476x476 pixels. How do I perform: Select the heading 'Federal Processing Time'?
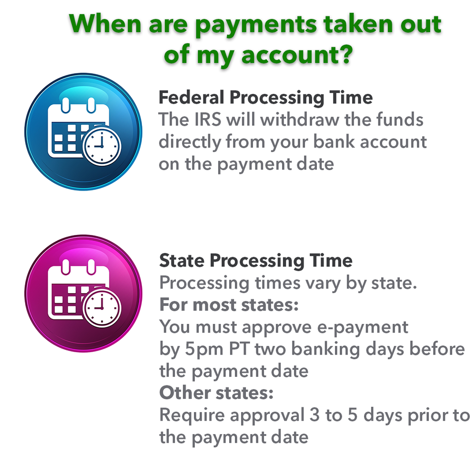265,98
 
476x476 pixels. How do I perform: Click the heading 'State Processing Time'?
256,261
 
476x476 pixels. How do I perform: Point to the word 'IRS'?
208,120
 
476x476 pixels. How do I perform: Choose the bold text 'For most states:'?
229,304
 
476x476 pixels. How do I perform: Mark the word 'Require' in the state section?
192,415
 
